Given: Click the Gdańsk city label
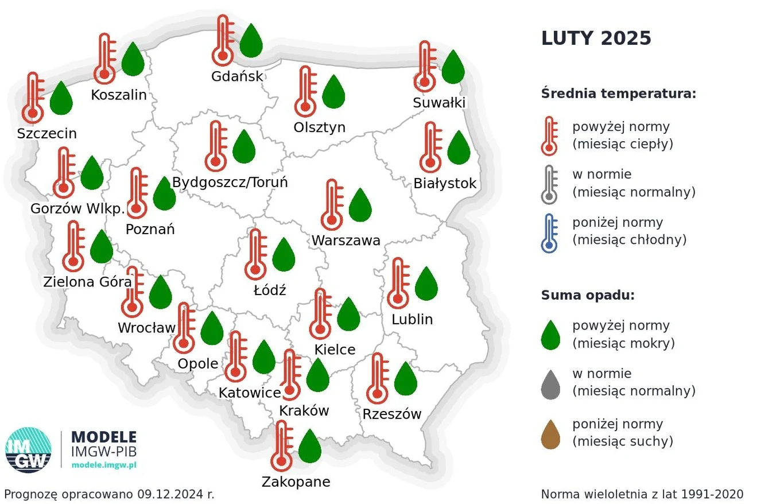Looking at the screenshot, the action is click(x=237, y=76).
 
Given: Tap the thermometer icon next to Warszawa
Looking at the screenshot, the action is click(x=332, y=205).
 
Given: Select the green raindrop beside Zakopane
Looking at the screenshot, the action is click(x=310, y=446).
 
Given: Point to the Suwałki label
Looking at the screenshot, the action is click(x=439, y=103).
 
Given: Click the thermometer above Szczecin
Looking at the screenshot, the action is click(x=33, y=97).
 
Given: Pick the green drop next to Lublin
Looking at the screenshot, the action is click(x=426, y=284).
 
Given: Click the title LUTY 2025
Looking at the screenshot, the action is click(x=596, y=38).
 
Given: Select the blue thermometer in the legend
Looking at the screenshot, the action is click(x=549, y=233).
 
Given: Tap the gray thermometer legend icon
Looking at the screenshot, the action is click(x=549, y=185).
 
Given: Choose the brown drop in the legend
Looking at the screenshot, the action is click(x=550, y=435).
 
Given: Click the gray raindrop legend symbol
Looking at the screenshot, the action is click(x=550, y=385).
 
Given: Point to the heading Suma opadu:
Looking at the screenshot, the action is click(x=588, y=296).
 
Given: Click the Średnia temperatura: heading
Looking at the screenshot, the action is click(x=618, y=94).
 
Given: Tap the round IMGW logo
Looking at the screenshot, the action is click(x=28, y=450).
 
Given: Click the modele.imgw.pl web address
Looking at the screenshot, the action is click(x=104, y=465).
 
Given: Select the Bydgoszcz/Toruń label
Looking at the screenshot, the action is click(x=230, y=183).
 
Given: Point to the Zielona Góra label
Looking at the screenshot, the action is click(x=87, y=282).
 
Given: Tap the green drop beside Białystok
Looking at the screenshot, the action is click(x=459, y=148).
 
